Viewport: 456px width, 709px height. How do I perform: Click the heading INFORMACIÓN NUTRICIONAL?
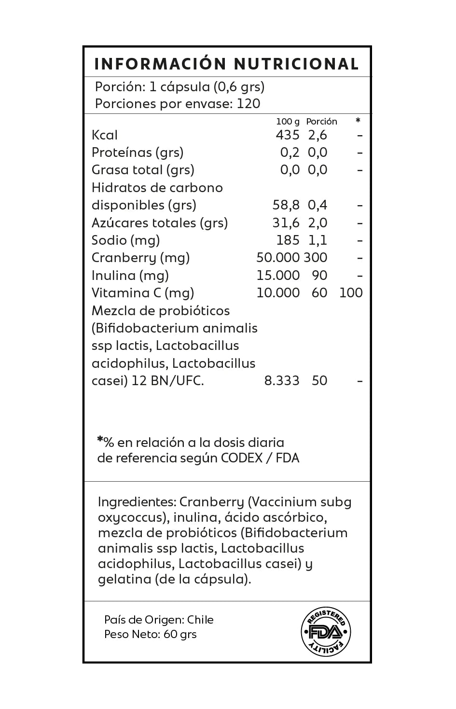(226, 64)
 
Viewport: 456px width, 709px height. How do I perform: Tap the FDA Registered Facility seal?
(326, 632)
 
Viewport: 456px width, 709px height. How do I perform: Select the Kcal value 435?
(288, 135)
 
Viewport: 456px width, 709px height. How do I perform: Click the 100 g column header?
(288, 122)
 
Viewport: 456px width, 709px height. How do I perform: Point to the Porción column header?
(321, 122)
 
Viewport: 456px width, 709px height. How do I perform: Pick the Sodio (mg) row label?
(125, 240)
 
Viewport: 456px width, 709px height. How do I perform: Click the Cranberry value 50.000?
(278, 258)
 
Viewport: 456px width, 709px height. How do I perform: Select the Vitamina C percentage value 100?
(351, 293)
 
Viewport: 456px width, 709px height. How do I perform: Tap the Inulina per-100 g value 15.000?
(278, 276)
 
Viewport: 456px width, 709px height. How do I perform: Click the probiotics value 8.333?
(282, 381)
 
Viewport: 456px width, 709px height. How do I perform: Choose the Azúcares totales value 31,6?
(286, 223)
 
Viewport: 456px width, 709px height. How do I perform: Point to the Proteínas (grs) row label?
(138, 153)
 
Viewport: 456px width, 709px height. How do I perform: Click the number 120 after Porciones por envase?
(249, 104)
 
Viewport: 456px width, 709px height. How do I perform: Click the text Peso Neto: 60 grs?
(151, 634)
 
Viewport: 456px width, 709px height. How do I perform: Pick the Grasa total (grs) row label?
(143, 170)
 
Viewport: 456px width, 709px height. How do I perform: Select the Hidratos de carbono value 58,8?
(286, 205)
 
